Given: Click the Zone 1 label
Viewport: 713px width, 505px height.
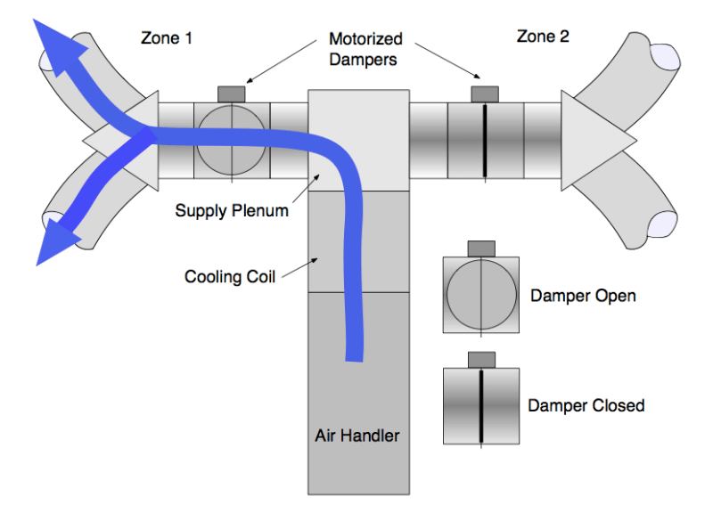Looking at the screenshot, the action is click(x=167, y=37).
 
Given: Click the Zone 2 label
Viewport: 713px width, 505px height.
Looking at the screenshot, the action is click(x=543, y=37).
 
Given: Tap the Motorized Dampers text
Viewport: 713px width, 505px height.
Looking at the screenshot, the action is click(x=365, y=49).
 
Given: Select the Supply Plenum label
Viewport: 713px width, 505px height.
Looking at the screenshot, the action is click(x=232, y=211).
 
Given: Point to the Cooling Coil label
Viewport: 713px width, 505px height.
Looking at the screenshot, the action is click(x=230, y=276).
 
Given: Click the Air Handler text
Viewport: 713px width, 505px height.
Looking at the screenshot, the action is click(x=357, y=436).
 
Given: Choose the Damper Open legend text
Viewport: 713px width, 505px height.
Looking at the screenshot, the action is click(x=583, y=296).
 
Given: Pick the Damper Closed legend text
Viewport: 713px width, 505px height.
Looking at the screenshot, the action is click(x=586, y=405).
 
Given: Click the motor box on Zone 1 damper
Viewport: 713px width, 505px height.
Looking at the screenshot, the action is click(x=232, y=94).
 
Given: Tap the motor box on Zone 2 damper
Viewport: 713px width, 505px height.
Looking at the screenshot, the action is click(x=485, y=94).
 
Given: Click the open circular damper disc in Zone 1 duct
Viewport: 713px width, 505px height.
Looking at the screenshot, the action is click(x=232, y=140).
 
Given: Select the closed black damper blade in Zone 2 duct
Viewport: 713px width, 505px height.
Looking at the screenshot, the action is click(x=485, y=141).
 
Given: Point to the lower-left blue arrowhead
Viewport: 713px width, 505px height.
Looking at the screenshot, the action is click(x=54, y=241).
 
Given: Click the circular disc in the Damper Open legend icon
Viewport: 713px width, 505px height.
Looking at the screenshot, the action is click(x=481, y=294).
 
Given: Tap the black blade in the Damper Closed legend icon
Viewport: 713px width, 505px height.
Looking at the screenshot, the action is click(x=481, y=406).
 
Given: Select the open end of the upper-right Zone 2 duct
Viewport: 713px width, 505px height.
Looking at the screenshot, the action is click(x=665, y=57).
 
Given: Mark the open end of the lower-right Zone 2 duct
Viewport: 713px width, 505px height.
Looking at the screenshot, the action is click(x=661, y=224).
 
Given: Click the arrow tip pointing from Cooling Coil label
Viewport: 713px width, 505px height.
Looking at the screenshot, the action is click(x=317, y=259).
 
